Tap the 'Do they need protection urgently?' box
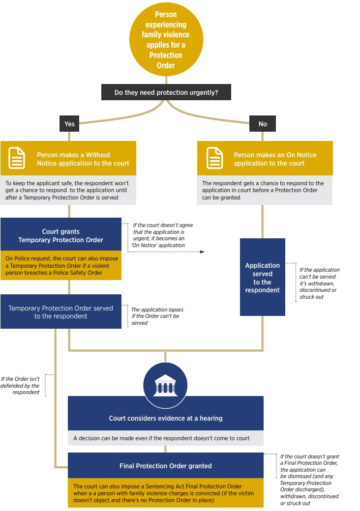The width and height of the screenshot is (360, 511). point(166,92)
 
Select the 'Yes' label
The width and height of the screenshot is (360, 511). point(69,124)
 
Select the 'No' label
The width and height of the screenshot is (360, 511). point(263,124)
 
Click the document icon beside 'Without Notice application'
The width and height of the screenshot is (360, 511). point(17,158)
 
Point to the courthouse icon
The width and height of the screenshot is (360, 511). point(165,386)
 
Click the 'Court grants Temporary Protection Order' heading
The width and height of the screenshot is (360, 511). point(60,235)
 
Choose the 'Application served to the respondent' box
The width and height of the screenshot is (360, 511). point(262,278)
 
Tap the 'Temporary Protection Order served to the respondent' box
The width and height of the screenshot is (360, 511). point(60,312)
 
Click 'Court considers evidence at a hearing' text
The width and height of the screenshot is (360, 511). point(165,418)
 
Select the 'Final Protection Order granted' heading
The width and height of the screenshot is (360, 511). point(165,466)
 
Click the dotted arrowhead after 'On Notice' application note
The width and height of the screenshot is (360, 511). point(202,252)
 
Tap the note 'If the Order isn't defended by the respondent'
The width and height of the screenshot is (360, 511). point(20,385)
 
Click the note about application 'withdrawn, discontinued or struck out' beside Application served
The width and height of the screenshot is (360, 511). point(319,283)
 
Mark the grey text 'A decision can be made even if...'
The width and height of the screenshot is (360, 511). point(161,438)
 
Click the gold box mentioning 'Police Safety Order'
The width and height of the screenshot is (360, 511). point(60,265)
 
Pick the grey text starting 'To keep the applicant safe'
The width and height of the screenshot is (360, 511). point(67,190)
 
